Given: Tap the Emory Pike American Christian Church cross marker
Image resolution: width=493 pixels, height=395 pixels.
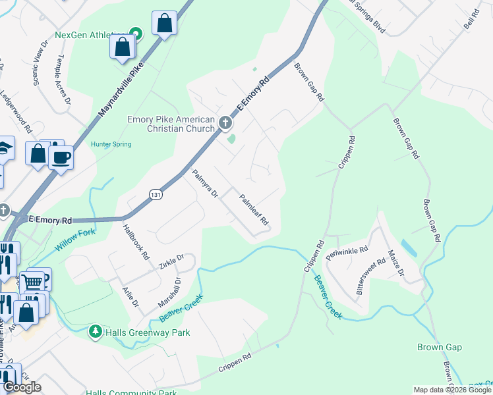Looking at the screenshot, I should pyautogui.click(x=225, y=122).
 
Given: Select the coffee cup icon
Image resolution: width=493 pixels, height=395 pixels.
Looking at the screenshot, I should pyautogui.click(x=61, y=158).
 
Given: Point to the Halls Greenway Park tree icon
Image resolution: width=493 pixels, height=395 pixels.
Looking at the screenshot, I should pyautogui.click(x=96, y=330).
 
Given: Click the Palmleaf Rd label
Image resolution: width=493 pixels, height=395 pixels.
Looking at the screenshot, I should pyautogui.click(x=253, y=209).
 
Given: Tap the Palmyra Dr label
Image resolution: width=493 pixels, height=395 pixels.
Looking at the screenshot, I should pyautogui.click(x=204, y=184).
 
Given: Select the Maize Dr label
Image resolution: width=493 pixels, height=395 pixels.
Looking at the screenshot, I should pyautogui.click(x=397, y=262).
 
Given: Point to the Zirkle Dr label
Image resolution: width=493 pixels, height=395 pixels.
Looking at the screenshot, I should pyautogui.click(x=171, y=261).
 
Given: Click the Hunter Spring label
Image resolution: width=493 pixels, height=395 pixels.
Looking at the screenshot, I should pyautogui.click(x=111, y=144).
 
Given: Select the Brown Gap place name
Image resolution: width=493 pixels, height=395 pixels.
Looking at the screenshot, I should pyautogui.click(x=439, y=347).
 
